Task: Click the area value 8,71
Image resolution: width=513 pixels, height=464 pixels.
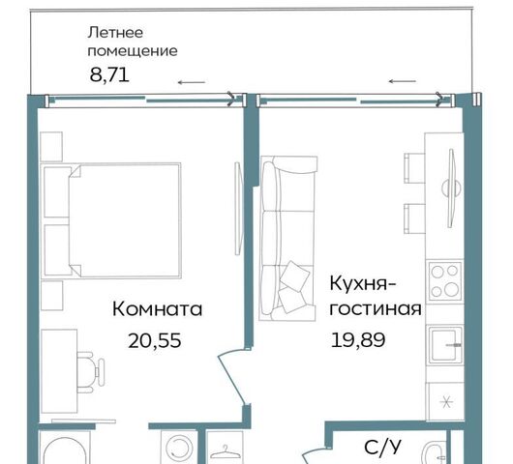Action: (109, 74)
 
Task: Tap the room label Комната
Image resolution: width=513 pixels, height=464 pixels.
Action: (157, 309)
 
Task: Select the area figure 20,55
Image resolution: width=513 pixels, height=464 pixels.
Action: (155, 340)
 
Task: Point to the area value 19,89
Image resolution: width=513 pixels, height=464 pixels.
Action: (358, 340)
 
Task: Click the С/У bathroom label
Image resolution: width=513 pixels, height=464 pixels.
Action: (382, 448)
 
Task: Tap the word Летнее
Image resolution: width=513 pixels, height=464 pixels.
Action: (115, 33)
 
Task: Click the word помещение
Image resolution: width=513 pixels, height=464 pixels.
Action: (133, 51)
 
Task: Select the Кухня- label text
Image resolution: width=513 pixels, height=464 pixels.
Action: (363, 283)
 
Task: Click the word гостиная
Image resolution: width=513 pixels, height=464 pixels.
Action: (376, 308)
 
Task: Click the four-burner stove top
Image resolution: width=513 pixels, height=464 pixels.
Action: (444, 281)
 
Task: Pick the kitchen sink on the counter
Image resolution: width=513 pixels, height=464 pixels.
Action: (445, 345)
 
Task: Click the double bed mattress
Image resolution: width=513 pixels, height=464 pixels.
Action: (124, 221)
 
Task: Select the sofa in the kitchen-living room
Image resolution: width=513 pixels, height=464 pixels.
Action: (287, 238)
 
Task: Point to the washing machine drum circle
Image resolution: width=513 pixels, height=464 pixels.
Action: (179, 448)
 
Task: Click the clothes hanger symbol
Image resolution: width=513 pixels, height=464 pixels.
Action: (225, 451)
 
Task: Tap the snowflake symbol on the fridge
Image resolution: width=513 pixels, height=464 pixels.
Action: (446, 402)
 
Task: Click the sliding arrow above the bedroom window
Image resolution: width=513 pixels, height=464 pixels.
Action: (192, 83)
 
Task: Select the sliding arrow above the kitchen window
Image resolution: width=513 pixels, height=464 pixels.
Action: (402, 81)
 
